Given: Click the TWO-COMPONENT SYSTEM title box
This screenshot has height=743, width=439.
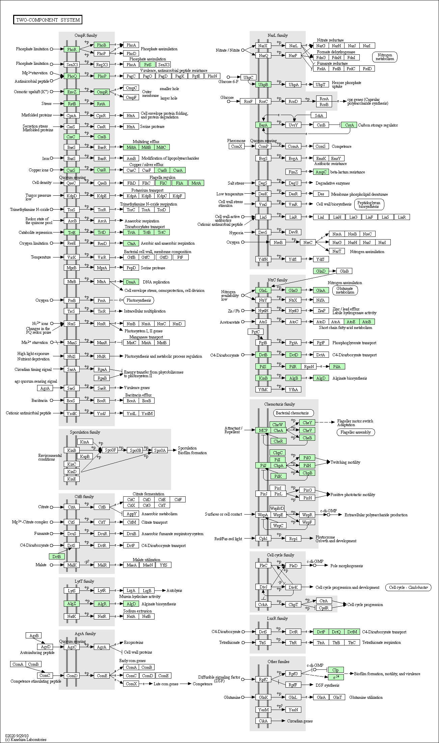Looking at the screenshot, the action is pyautogui.click(x=48, y=20).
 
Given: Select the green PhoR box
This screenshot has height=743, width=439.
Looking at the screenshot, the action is pyautogui.click(x=72, y=49).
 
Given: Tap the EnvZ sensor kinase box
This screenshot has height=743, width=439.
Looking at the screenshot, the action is pyautogui.click(x=72, y=92).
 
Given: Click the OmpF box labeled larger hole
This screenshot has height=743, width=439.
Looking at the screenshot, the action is pyautogui.click(x=131, y=98).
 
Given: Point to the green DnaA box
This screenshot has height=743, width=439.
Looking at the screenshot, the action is pyautogui.click(x=131, y=282).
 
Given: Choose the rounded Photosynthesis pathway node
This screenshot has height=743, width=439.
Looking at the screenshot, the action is pyautogui.click(x=139, y=300).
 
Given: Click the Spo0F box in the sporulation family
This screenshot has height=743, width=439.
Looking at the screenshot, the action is pyautogui.click(x=110, y=450).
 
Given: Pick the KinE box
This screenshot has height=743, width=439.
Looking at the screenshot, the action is pyautogui.click(x=72, y=479).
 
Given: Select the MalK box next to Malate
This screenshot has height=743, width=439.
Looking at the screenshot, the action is pyautogui.click(x=72, y=565).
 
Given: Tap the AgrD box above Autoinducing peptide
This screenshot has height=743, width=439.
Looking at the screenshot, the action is pyautogui.click(x=45, y=647).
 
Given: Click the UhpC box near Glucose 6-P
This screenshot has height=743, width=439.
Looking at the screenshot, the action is pyautogui.click(x=248, y=78).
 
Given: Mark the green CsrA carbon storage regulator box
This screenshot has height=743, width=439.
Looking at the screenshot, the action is pyautogui.click(x=349, y=125).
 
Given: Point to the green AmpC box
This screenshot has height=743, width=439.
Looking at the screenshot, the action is pyautogui.click(x=321, y=172).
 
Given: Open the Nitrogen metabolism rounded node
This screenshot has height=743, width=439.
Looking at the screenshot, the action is pyautogui.click(x=385, y=57).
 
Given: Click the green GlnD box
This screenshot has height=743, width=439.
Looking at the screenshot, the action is pyautogui.click(x=321, y=271).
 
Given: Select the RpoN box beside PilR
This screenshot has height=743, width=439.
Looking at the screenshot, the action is pyautogui.click(x=309, y=367).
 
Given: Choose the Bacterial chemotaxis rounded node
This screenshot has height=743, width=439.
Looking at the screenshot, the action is pyautogui.click(x=292, y=413).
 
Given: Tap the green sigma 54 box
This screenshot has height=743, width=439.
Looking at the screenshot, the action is pyautogui.click(x=336, y=677).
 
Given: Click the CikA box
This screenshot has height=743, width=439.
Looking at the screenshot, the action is pyautogui.click(x=263, y=721).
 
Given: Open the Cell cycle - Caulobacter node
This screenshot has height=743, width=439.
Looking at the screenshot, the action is pyautogui.click(x=408, y=587).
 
